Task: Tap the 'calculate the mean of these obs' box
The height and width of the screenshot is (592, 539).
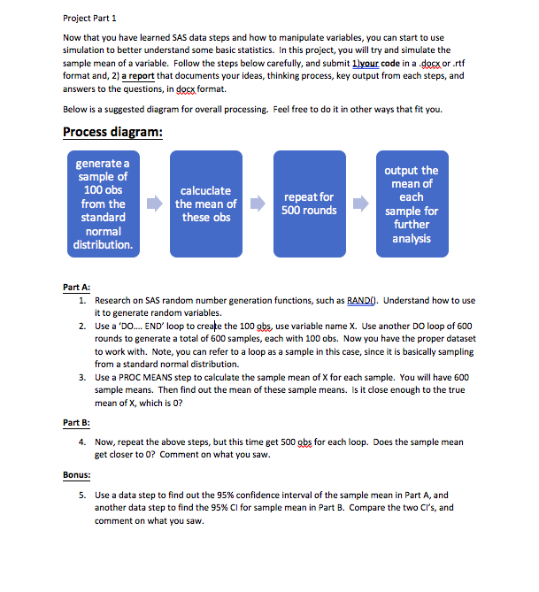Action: pos(205,204)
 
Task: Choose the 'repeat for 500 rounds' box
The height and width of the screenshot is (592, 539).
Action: pos(310,204)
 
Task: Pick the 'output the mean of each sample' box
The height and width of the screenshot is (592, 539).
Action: pos(412,204)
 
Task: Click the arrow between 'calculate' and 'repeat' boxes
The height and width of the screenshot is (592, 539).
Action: pos(258,204)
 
